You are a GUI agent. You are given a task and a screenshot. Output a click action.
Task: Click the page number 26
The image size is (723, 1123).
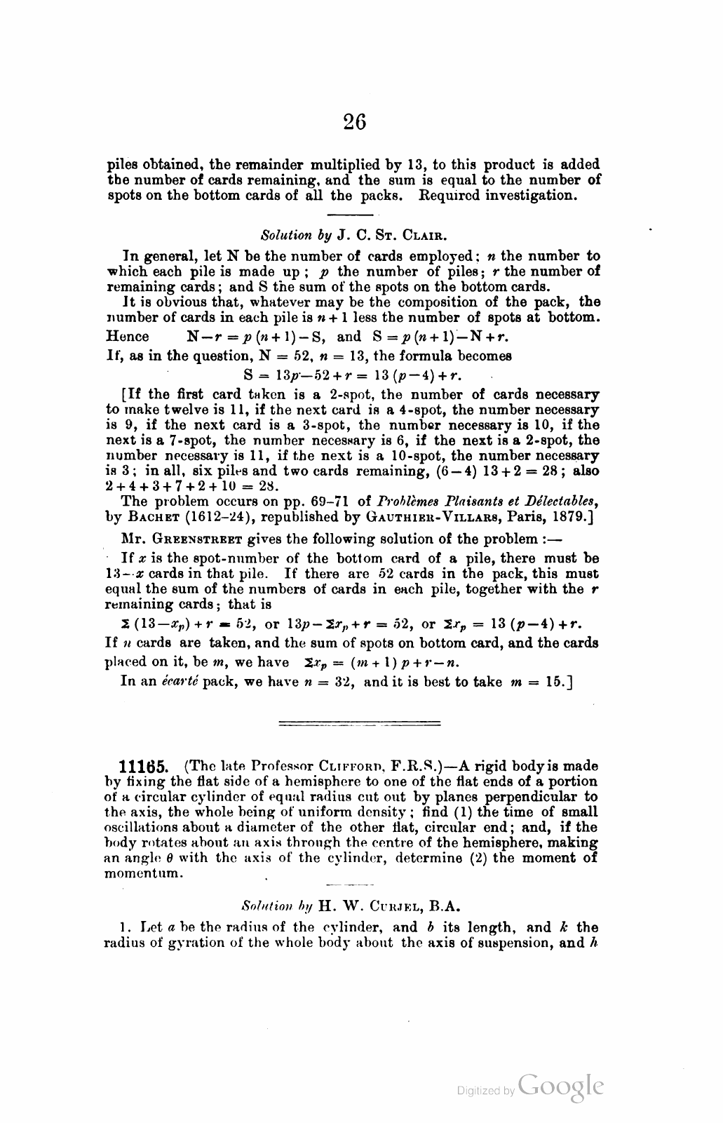click(x=355, y=122)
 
